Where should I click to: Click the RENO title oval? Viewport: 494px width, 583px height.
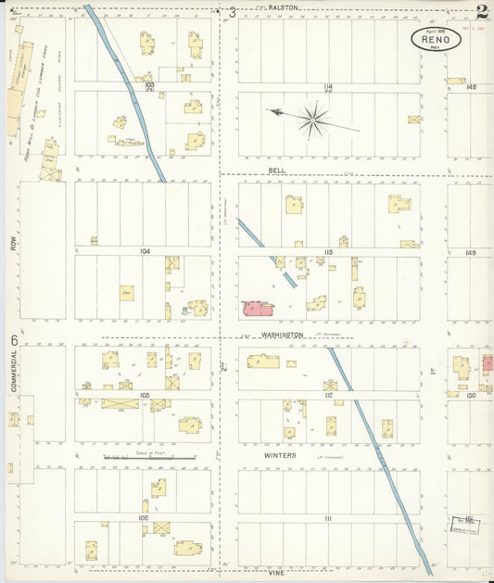pos(436,39)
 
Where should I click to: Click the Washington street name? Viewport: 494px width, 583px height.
pos(282,334)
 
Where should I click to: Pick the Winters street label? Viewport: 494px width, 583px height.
pos(278,455)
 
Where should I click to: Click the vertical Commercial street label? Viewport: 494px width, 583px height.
pos(14,381)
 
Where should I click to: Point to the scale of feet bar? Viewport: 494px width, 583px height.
pos(148,457)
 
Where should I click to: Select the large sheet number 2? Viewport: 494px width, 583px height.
pos(481,12)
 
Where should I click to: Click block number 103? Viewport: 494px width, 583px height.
pos(147,84)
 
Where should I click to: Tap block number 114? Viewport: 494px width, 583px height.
pos(328,86)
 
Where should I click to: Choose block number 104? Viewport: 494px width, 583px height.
pos(145,251)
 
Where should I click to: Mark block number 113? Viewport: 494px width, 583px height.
pos(328,251)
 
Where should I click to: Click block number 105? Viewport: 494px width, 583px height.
pos(145,395)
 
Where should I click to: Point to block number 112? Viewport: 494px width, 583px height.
pos(328,395)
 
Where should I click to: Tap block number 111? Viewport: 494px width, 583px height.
pos(328,518)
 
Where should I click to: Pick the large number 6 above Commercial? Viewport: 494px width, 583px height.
pos(14,340)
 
